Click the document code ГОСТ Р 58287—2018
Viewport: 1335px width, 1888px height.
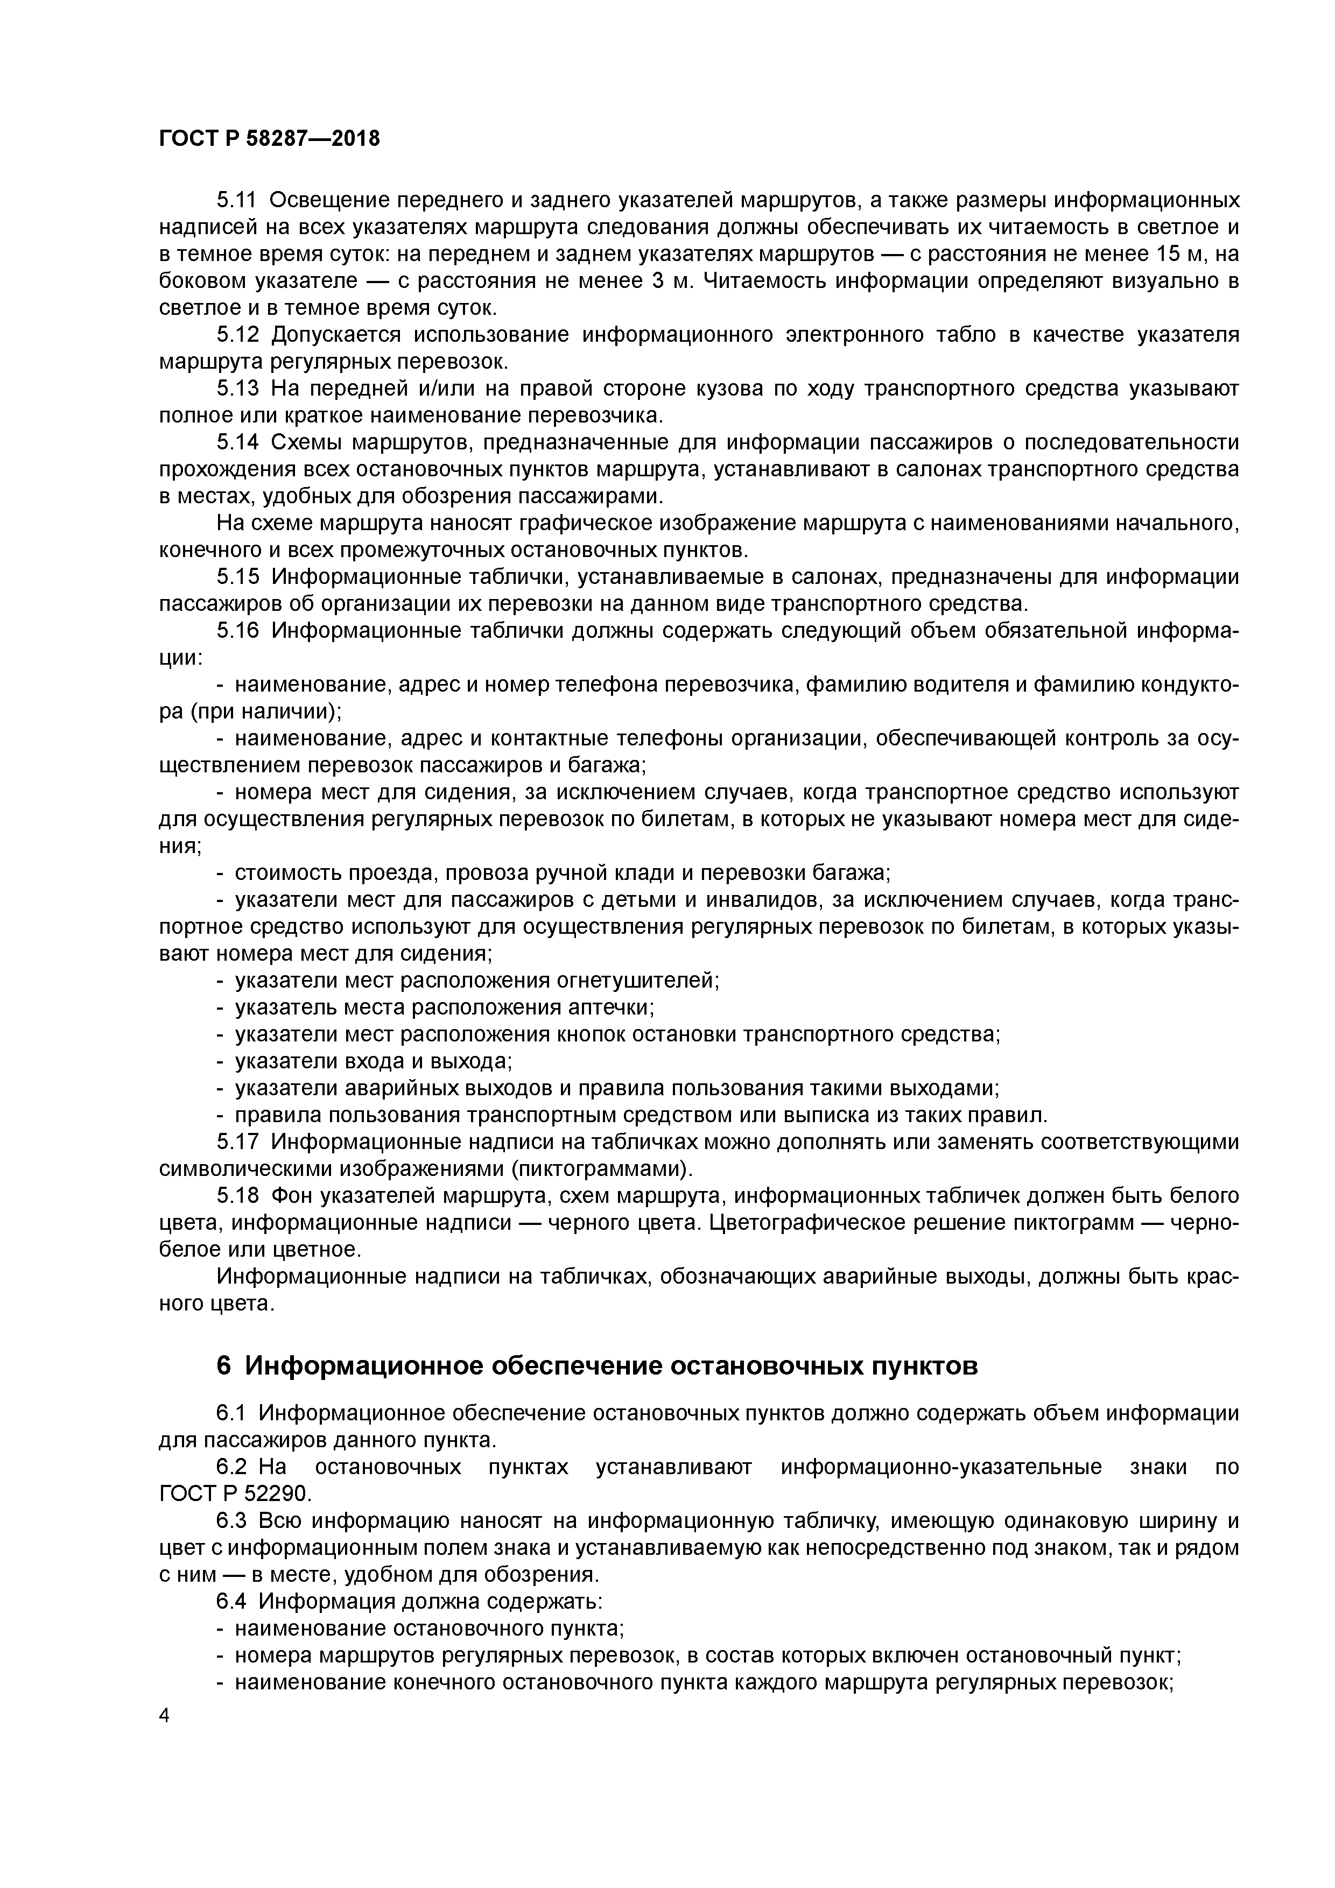click(269, 139)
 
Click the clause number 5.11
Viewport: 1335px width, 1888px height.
click(237, 200)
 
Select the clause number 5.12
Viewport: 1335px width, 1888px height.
click(237, 335)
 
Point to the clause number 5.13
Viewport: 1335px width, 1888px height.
click(237, 388)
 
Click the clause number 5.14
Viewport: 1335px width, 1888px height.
click(237, 442)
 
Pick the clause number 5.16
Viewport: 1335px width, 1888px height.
click(237, 631)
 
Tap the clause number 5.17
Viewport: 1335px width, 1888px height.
click(237, 1142)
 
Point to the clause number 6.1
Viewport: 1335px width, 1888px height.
click(230, 1413)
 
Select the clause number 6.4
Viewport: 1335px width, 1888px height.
click(230, 1601)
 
